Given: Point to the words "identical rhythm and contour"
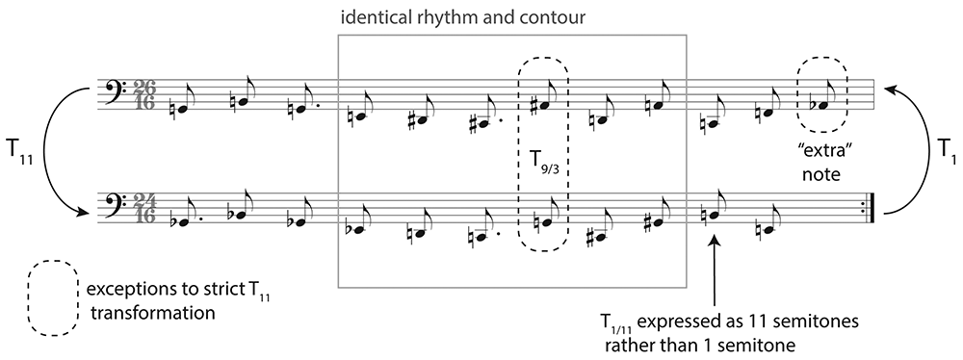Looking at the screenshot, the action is pyautogui.click(x=463, y=17).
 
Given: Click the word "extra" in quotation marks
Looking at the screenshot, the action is pyautogui.click(x=821, y=141).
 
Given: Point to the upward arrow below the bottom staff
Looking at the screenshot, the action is pyautogui.click(x=715, y=270).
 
